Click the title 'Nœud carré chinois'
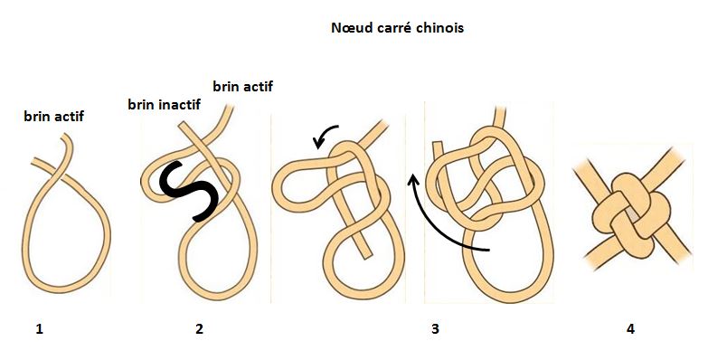click(x=398, y=27)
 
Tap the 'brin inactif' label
click(x=164, y=105)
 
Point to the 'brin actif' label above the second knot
click(x=242, y=87)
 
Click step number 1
click(x=39, y=329)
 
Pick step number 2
click(x=199, y=329)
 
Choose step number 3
click(x=435, y=329)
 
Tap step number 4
click(x=630, y=329)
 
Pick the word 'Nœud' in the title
click(x=351, y=27)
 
